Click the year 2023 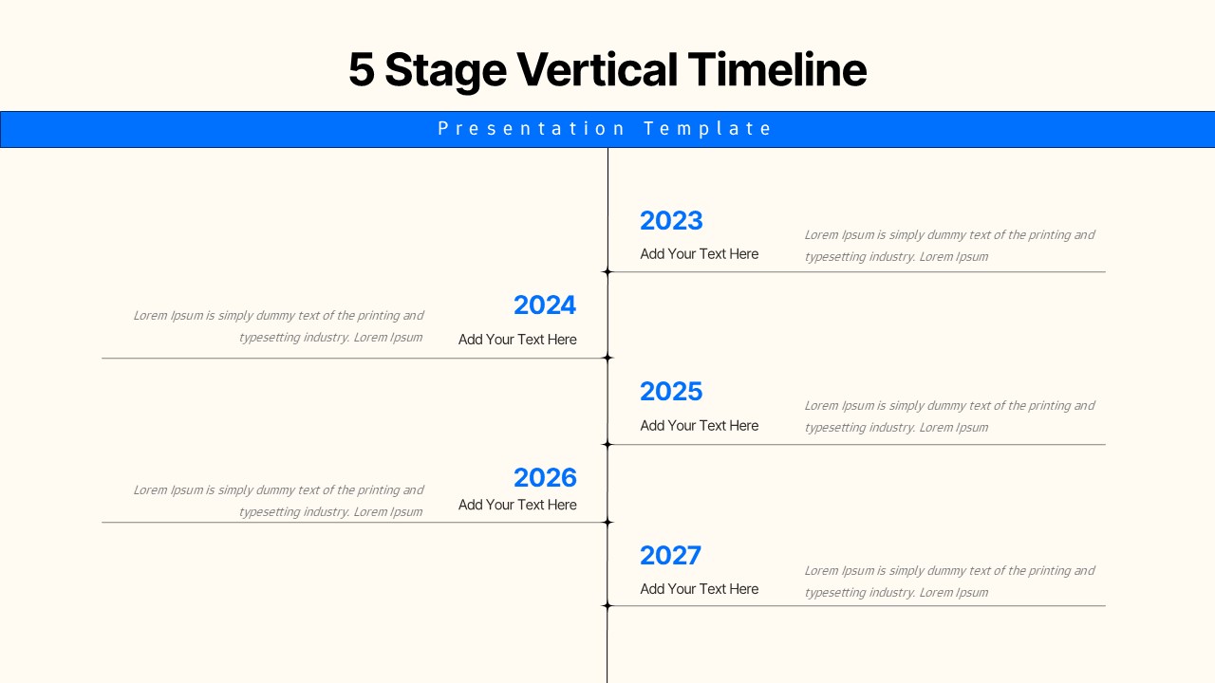(x=671, y=220)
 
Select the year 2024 (x=545, y=305)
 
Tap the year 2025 (x=671, y=391)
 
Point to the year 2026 (x=545, y=477)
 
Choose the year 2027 (x=671, y=555)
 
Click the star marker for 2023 (x=607, y=272)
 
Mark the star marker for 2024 (x=607, y=358)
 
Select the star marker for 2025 (x=607, y=444)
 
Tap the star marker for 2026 (x=607, y=522)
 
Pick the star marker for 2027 (x=607, y=605)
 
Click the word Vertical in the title (x=596, y=70)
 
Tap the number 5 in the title (x=361, y=70)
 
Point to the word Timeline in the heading (x=776, y=70)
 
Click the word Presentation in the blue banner (x=532, y=129)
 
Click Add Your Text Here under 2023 (x=700, y=254)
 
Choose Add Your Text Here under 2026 (x=517, y=505)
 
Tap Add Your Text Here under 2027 (x=700, y=589)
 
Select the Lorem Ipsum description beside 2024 (x=278, y=326)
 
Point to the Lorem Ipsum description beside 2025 (x=949, y=416)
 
